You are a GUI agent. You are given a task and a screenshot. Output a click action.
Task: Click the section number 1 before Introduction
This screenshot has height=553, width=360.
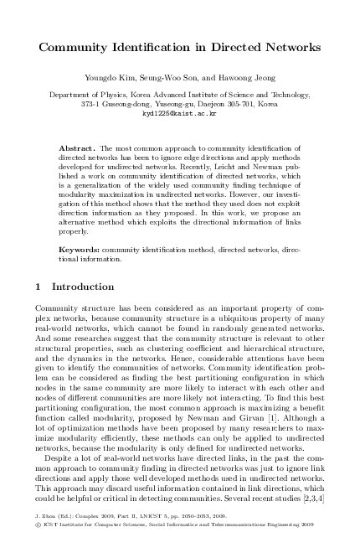39,286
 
